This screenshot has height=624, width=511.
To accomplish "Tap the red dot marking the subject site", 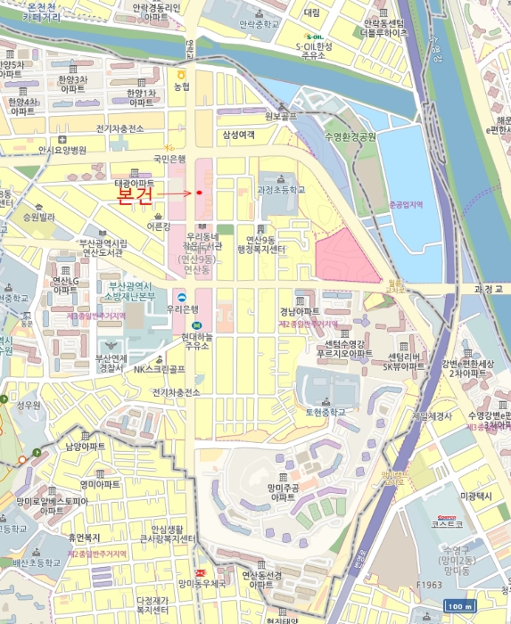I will point(200,192).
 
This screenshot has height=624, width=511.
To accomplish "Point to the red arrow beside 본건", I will point(178,192).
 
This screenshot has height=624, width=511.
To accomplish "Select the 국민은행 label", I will point(169,159).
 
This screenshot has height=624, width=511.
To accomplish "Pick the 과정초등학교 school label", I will point(281,190).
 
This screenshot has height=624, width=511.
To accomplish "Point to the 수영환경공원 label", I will point(350,136).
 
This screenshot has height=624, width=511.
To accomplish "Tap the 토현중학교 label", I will point(325,414).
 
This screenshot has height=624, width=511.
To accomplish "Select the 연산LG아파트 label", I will point(65,285).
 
